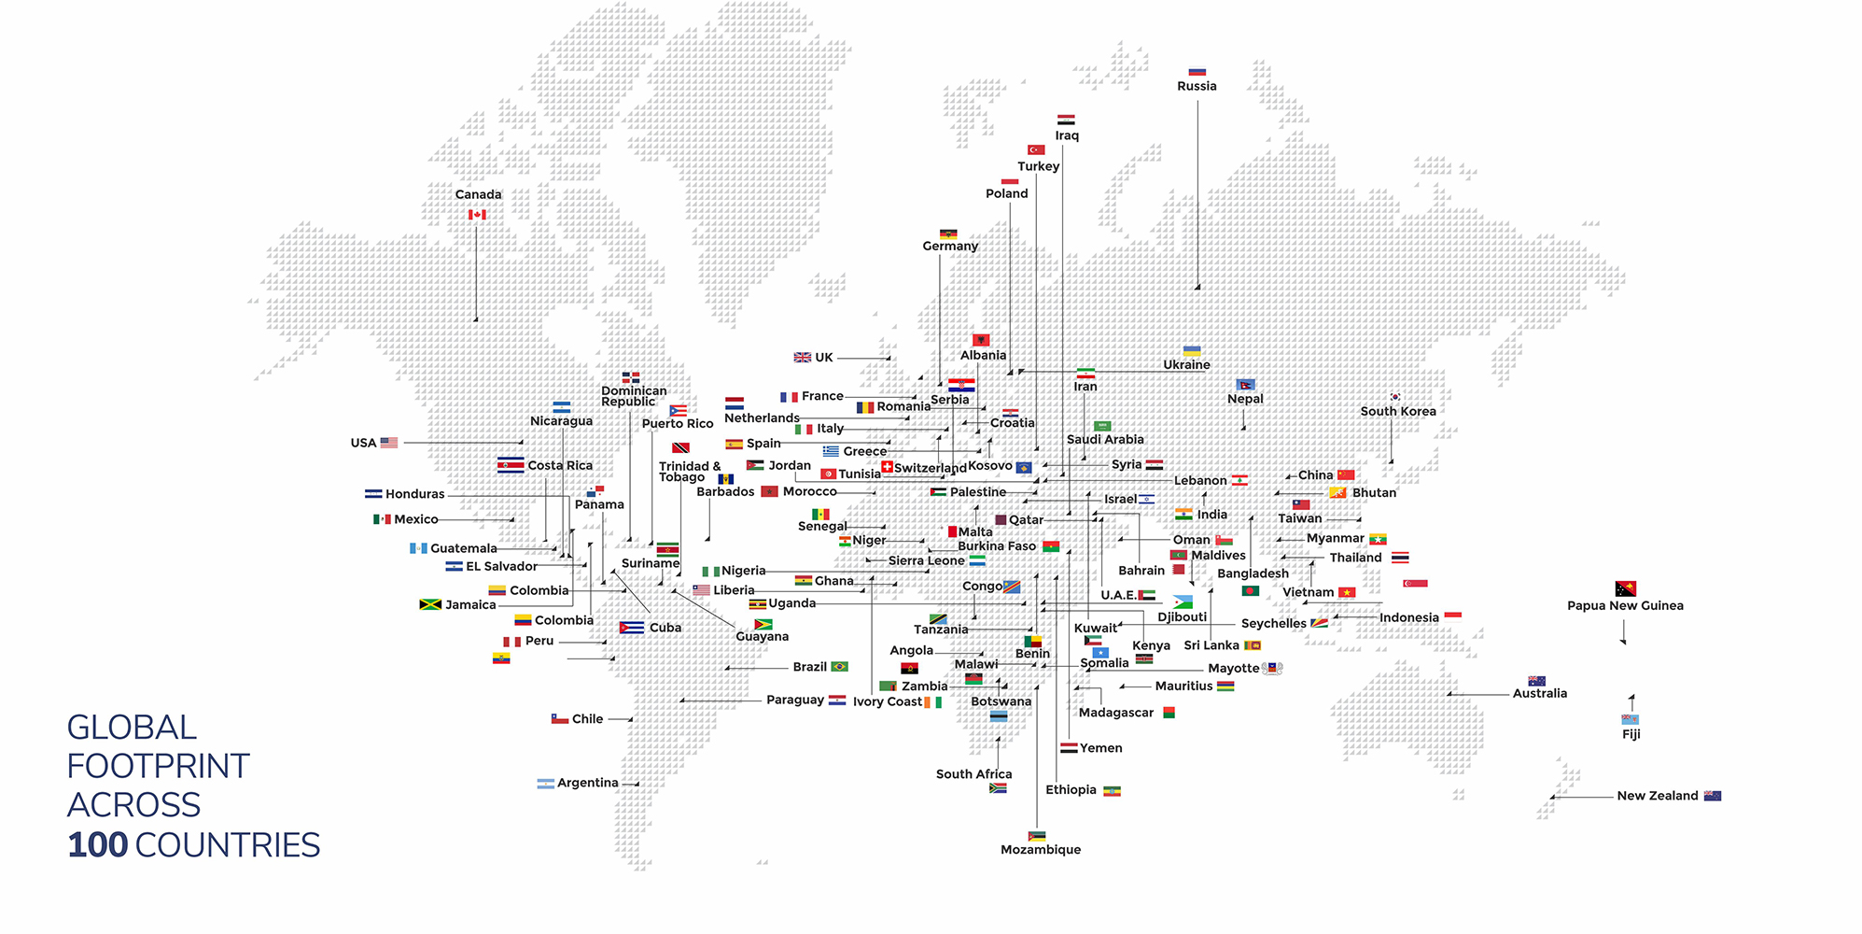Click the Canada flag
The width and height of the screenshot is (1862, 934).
[477, 215]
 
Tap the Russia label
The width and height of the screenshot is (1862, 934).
[1197, 86]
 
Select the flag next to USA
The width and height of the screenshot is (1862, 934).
[389, 443]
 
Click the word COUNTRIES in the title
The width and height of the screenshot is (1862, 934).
[227, 845]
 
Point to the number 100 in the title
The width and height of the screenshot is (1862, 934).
[97, 845]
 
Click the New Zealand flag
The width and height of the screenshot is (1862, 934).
[1713, 796]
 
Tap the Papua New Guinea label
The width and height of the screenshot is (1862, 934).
[1625, 605]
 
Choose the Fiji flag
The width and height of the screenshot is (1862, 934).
[1631, 719]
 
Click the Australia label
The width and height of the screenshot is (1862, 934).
[1540, 693]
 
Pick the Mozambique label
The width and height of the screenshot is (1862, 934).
[1041, 849]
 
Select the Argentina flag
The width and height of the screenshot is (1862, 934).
[546, 784]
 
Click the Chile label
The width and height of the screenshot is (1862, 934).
[587, 719]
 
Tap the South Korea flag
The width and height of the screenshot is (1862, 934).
[1396, 397]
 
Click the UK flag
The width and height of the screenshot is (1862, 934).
[802, 357]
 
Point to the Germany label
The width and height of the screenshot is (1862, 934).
[950, 246]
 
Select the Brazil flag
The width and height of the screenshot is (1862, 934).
[840, 667]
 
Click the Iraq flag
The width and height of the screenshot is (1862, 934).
[1066, 120]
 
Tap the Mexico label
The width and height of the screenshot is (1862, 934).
[415, 519]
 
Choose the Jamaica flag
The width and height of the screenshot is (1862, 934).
[430, 604]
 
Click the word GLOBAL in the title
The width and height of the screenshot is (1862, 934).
[132, 728]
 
